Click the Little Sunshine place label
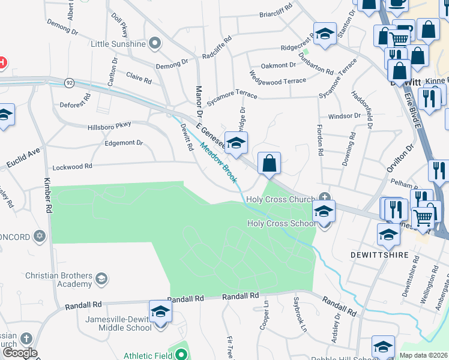pyautogui.click(x=118, y=44)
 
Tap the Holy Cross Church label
pyautogui.click(x=280, y=199)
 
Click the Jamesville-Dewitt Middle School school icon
pyautogui.click(x=160, y=312)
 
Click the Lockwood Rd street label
pyautogui.click(x=72, y=166)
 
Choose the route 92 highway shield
pyautogui.click(x=70, y=82)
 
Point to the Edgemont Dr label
pyautogui.click(x=124, y=143)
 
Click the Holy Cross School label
pyautogui.click(x=281, y=224)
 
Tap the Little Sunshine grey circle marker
pyautogui.click(x=155, y=43)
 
